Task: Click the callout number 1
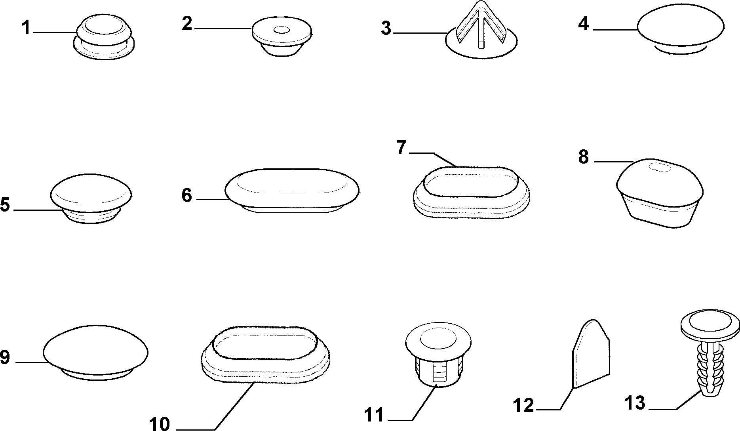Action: [26, 28]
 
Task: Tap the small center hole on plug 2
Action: [282, 30]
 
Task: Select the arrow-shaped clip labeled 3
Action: [481, 31]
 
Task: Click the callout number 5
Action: [5, 205]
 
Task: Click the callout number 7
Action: [401, 148]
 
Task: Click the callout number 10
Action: [160, 423]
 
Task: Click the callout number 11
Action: [375, 415]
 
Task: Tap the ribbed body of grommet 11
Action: [438, 370]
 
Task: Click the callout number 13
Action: [635, 403]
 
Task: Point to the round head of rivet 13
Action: [710, 326]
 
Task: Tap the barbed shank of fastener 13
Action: [710, 369]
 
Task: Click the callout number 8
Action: [584, 157]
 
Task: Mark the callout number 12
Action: [523, 406]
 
